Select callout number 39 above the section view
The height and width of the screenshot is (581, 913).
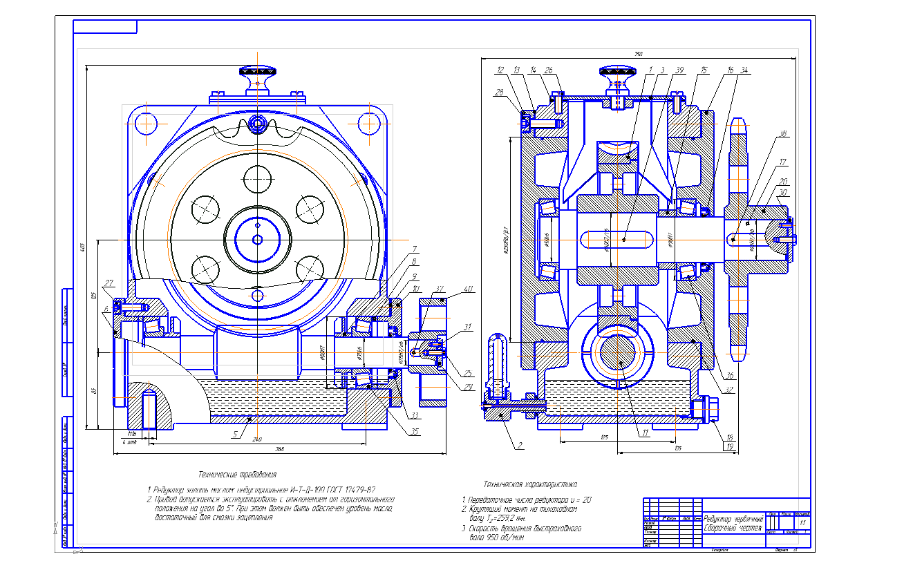680,70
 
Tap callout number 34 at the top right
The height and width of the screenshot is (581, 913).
744,70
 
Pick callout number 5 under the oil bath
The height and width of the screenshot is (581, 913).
235,435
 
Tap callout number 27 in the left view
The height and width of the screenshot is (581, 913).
109,283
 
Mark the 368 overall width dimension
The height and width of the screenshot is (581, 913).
280,449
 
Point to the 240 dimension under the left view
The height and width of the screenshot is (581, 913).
257,439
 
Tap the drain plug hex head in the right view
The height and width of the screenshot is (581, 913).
711,408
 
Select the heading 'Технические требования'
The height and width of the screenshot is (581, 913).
238,474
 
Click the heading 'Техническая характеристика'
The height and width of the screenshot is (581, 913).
531,484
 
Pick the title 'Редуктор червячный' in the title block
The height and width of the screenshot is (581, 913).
733,519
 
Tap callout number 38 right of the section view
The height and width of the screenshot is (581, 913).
782,135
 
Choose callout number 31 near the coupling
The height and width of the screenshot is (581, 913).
468,327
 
